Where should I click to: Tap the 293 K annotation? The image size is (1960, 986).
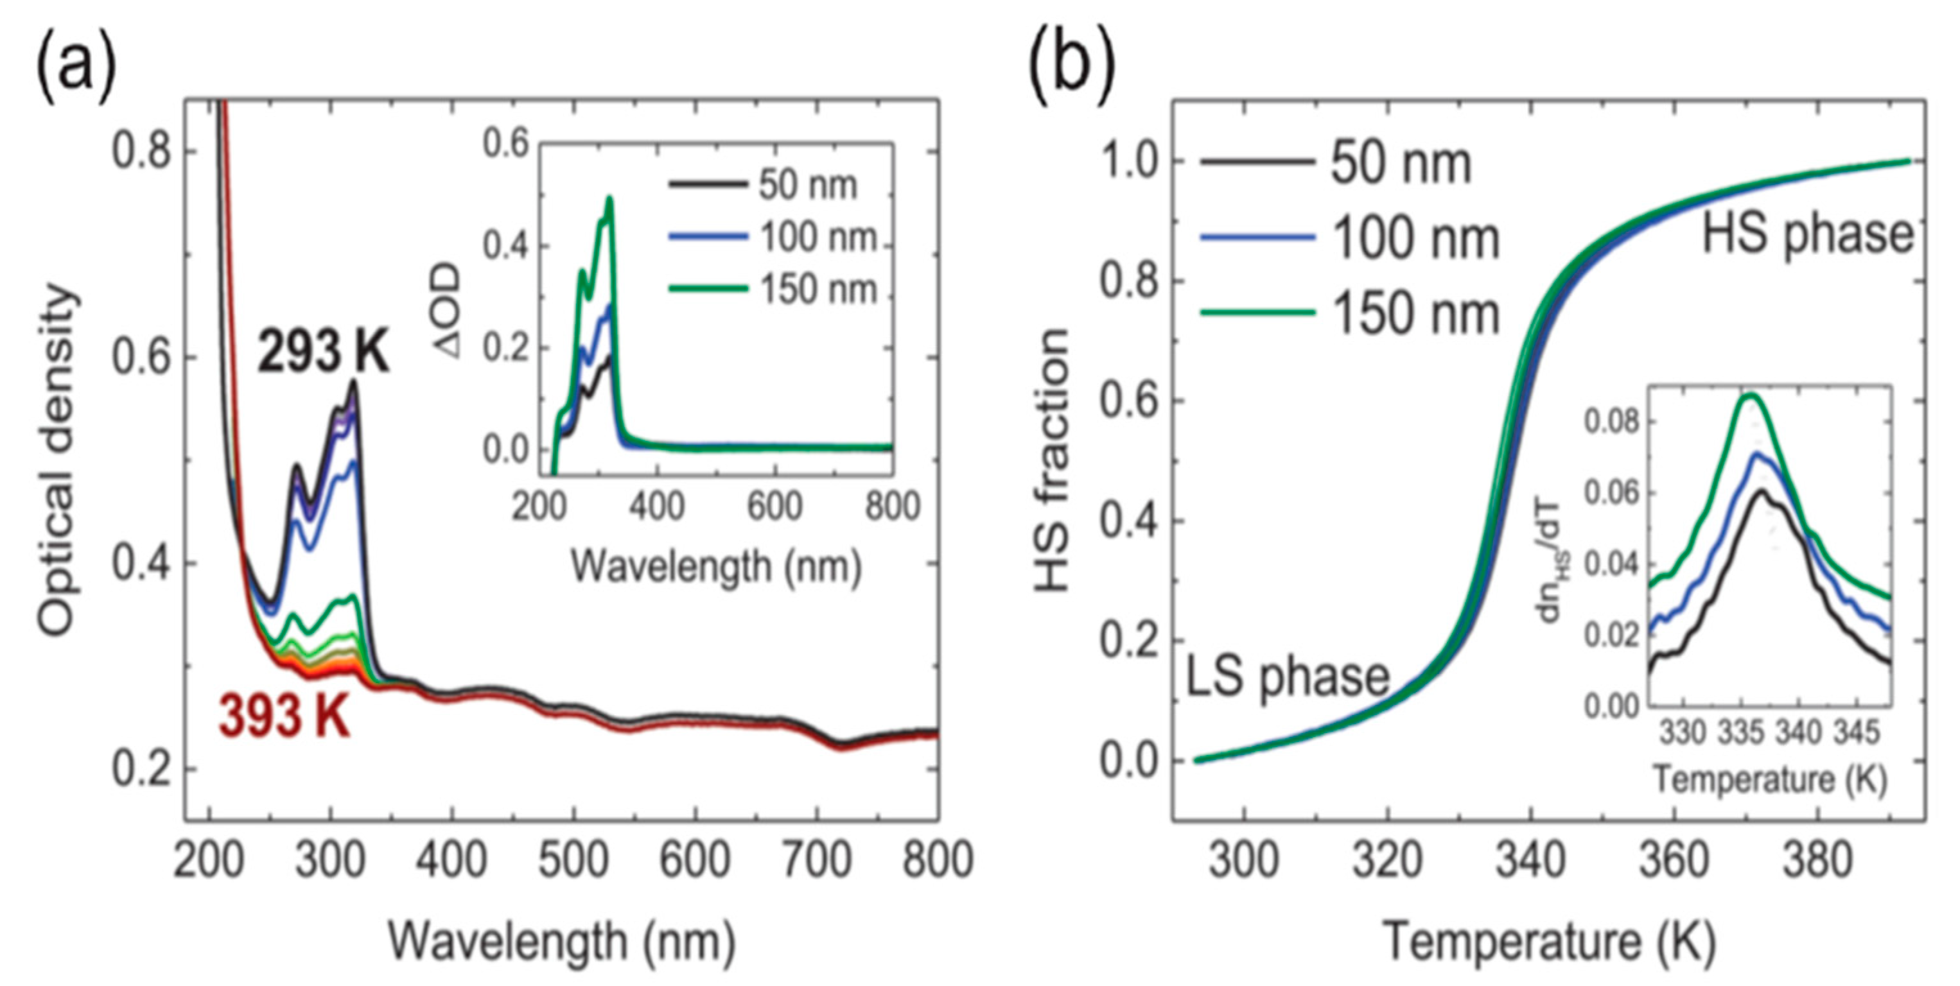(324, 353)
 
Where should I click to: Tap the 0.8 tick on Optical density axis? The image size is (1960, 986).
(144, 151)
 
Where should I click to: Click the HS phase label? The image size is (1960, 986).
(1807, 234)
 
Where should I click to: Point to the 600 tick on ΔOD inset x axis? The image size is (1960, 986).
(774, 506)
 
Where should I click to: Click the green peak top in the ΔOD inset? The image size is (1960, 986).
(609, 200)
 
